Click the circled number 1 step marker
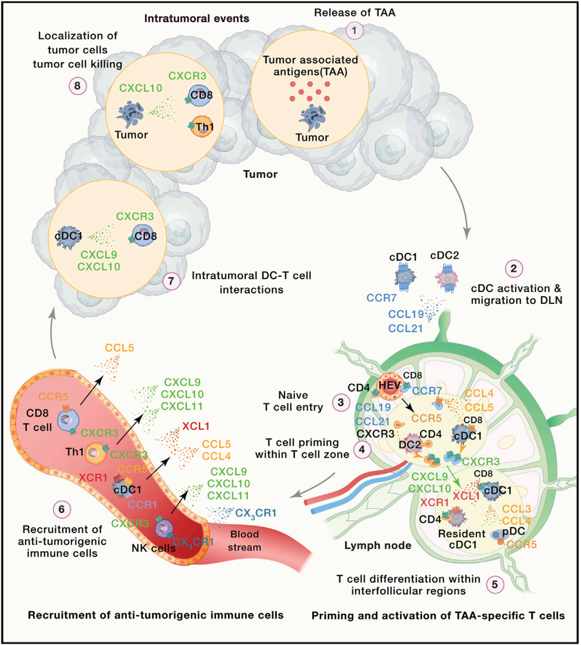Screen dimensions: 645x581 [355, 31]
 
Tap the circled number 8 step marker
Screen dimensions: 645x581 [77, 86]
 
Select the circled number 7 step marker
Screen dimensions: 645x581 [172, 281]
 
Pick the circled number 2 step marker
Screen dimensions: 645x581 [514, 268]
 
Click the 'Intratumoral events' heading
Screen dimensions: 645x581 [196, 18]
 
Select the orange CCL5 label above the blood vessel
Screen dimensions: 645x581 [119, 348]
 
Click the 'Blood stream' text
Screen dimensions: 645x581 [245, 541]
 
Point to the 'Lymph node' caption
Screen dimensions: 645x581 [378, 545]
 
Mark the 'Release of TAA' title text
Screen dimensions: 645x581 [355, 12]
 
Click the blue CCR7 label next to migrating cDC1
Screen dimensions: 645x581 [382, 297]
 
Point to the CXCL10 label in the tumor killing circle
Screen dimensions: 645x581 [141, 88]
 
